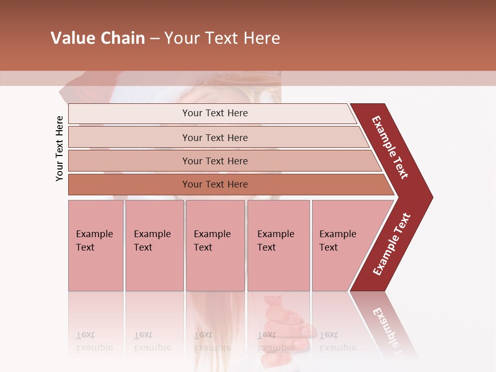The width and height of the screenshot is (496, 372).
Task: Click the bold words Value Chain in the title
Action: coord(98,38)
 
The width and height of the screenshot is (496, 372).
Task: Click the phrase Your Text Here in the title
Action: coord(222,38)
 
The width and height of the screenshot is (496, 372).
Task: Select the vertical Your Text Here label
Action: coord(59,149)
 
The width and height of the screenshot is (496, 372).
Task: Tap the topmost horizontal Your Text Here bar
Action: coord(214,113)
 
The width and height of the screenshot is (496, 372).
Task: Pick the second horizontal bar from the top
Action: coord(214,137)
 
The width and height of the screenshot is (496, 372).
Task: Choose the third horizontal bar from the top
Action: coord(214,161)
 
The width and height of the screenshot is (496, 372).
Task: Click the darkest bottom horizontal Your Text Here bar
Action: coord(214,184)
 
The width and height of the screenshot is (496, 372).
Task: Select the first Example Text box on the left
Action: coord(96,245)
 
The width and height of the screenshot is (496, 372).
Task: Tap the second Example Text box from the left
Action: coord(154,245)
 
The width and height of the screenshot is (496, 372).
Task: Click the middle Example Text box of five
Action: coord(215,245)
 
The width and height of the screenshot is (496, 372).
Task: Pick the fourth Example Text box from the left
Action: coord(278,245)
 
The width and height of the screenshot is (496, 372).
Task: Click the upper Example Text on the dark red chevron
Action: coord(390,147)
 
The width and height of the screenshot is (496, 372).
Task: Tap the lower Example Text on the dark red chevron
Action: coord(392,244)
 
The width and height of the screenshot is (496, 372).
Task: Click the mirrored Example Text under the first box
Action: coord(95,342)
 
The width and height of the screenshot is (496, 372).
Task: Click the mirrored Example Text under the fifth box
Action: coord(337,342)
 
